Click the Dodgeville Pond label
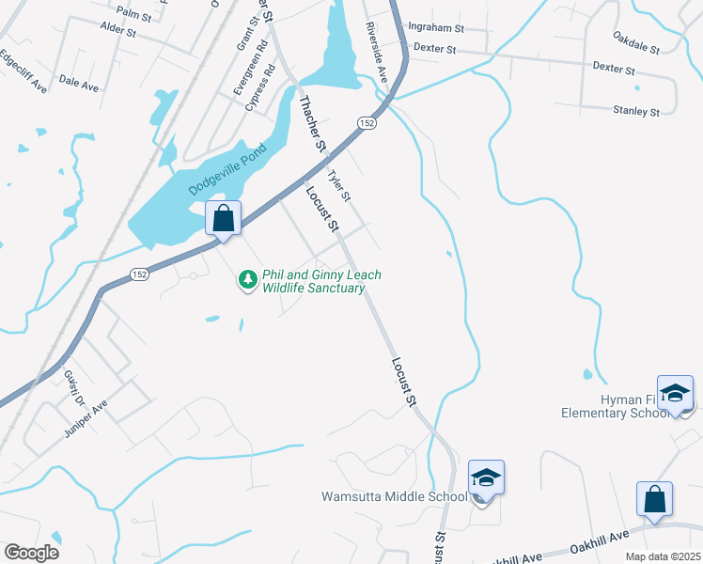pyautogui.click(x=229, y=169)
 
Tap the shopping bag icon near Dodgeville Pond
pyautogui.click(x=224, y=219)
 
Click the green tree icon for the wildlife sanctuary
pyautogui.click(x=247, y=279)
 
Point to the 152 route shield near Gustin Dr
pyautogui.click(x=139, y=274)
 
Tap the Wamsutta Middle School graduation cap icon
pyautogui.click(x=486, y=479)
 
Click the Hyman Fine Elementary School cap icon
pyautogui.click(x=675, y=394)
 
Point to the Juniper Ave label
pyautogui.click(x=87, y=417)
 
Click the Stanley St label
pyautogui.click(x=636, y=111)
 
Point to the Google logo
pyautogui.click(x=31, y=553)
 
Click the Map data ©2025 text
pyautogui.click(x=662, y=556)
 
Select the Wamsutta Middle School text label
pyautogui.click(x=394, y=496)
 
